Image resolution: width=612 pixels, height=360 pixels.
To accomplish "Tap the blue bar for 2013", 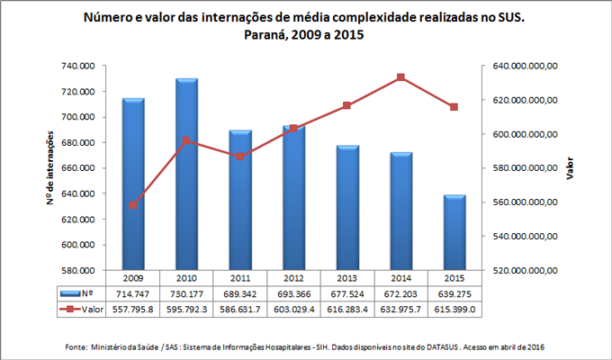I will point(346,207).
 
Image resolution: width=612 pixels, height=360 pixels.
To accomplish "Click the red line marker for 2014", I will point(400,77).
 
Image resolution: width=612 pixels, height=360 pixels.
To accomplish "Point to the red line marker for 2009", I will point(133,205).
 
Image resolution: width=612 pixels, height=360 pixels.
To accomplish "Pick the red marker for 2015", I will point(454,107).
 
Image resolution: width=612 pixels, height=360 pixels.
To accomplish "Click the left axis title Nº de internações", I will point(51,167).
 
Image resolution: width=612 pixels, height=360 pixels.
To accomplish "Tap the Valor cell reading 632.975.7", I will point(400,309).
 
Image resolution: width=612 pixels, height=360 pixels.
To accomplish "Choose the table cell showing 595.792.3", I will point(186,309).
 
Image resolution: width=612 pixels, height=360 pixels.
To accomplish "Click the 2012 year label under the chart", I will point(293,277).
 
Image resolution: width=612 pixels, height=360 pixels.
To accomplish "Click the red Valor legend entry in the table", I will point(76,309).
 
